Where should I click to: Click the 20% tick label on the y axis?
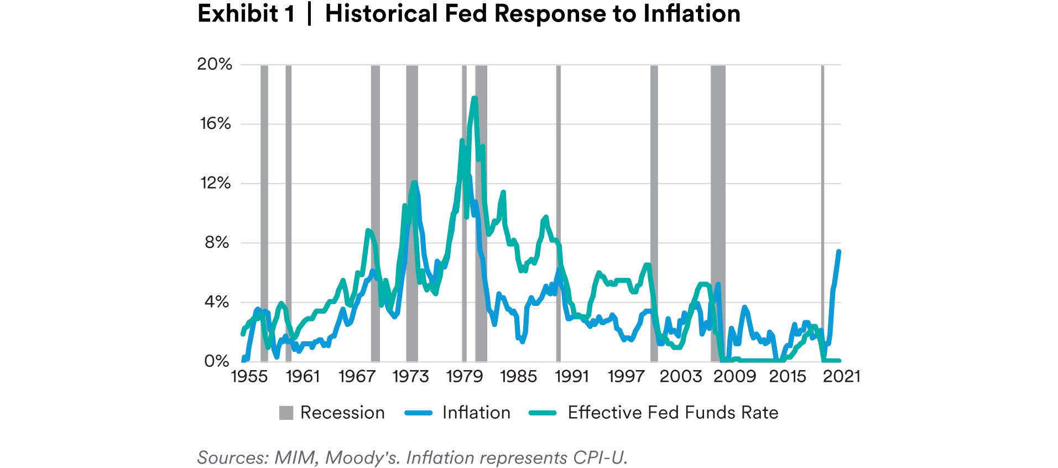[215, 64]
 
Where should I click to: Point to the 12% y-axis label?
[215, 183]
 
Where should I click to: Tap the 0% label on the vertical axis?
[216, 361]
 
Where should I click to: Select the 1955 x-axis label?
[249, 377]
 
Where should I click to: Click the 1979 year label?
[465, 377]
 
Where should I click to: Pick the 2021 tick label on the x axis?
[841, 377]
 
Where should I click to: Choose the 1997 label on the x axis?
[626, 377]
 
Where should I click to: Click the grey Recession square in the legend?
[286, 413]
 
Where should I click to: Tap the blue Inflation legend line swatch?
[418, 413]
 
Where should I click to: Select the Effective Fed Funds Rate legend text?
[673, 413]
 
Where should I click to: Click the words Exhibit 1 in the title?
[246, 13]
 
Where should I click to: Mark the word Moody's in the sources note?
[362, 457]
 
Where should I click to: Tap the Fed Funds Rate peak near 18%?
[474, 98]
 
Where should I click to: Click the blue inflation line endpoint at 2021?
[839, 252]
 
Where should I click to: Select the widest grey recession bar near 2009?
[718, 213]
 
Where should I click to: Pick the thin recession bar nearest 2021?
[822, 213]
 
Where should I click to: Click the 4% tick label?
[216, 302]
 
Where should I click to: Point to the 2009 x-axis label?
[734, 377]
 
